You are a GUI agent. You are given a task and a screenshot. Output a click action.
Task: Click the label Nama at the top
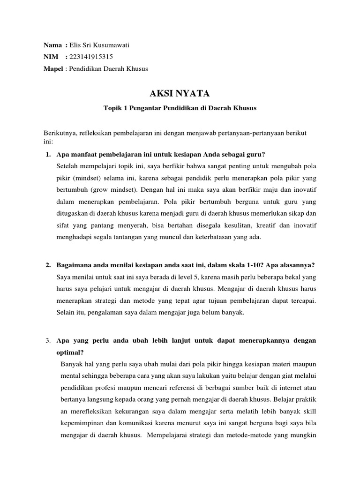pyautogui.click(x=52, y=45)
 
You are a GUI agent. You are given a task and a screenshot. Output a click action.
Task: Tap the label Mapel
pyautogui.click(x=53, y=68)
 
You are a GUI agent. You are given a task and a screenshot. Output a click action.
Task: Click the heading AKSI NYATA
pyautogui.click(x=180, y=94)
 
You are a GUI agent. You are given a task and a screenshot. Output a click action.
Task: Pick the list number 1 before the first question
pyautogui.click(x=48, y=155)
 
